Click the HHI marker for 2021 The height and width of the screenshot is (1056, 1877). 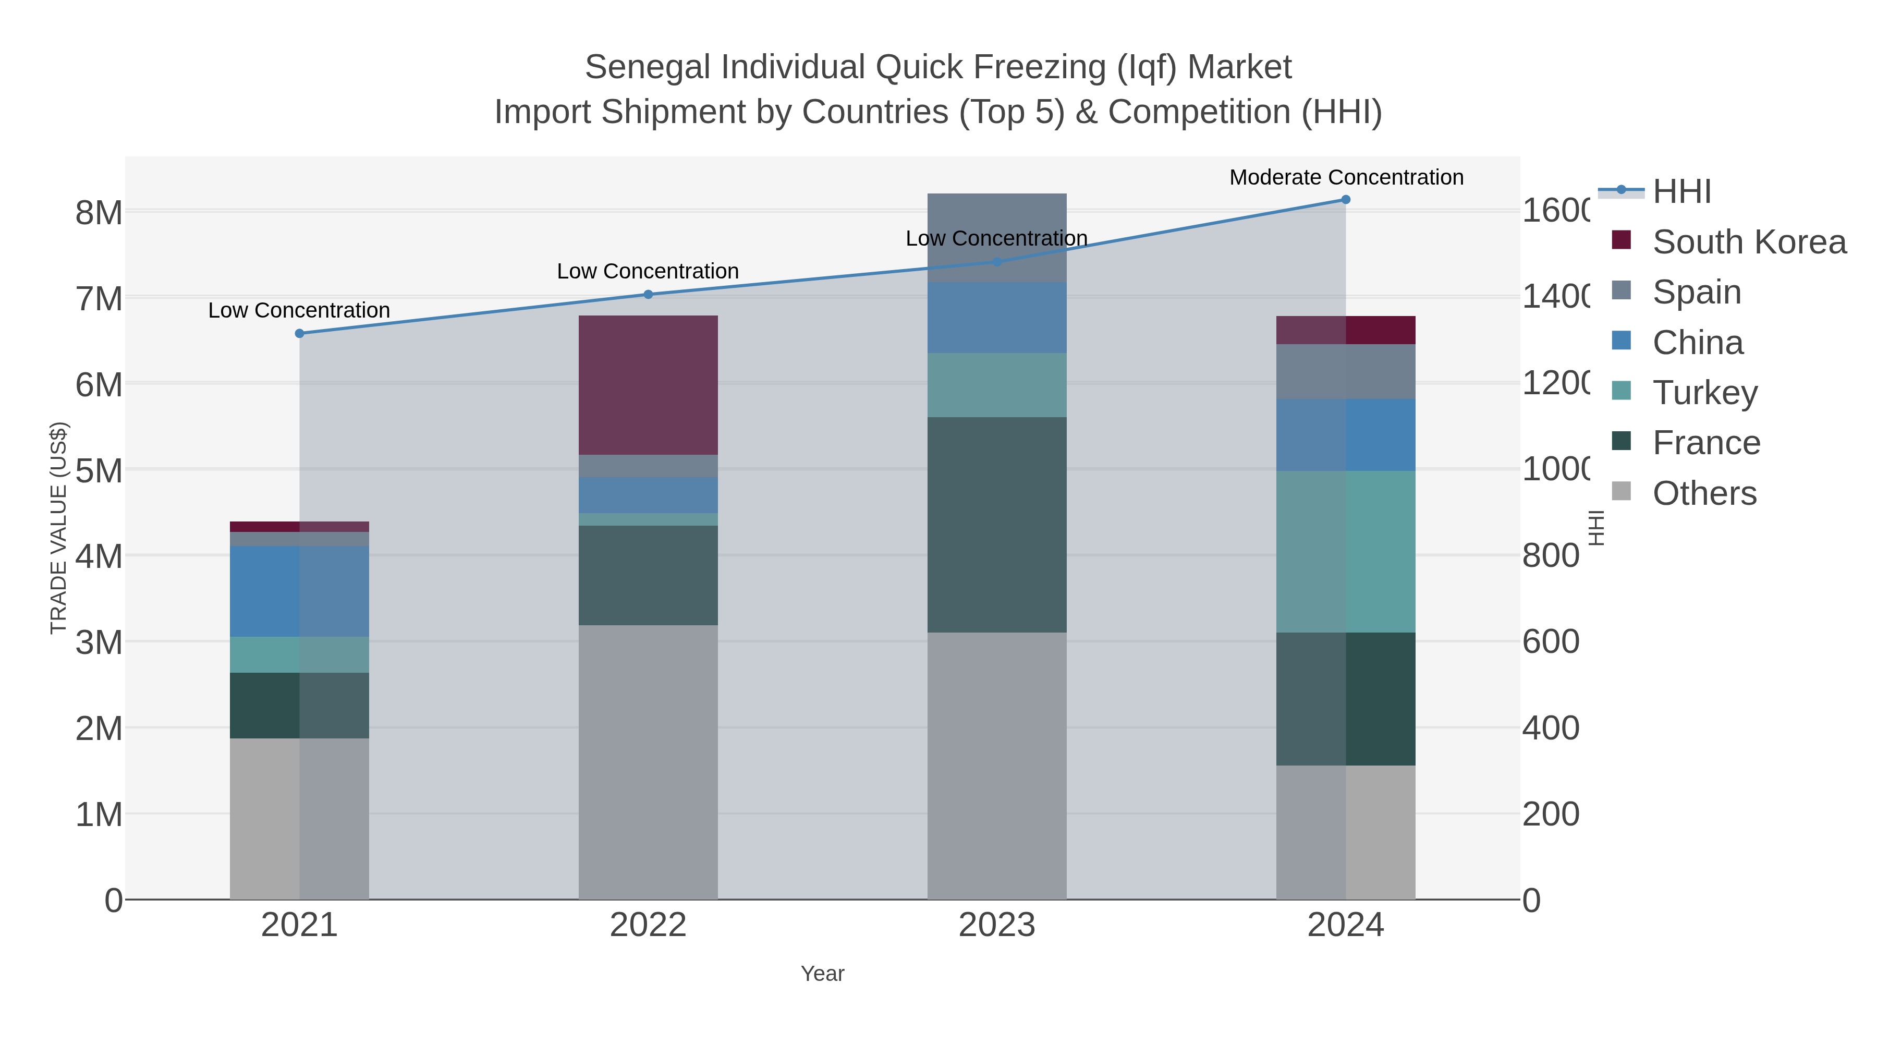coord(299,333)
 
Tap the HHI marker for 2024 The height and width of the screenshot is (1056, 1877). coord(1345,200)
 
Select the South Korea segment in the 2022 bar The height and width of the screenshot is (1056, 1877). coord(648,385)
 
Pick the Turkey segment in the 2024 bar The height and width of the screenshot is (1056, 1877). coord(1345,552)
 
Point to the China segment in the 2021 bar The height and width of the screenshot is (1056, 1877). coord(299,591)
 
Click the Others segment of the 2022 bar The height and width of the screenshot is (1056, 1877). coord(648,761)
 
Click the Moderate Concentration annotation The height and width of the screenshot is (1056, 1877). coord(1346,177)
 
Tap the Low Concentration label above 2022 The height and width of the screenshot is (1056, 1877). coord(648,271)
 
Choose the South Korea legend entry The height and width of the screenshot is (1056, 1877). coord(1749,242)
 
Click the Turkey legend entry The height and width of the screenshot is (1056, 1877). coord(1704,393)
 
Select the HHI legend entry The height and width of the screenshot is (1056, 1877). coord(1681,192)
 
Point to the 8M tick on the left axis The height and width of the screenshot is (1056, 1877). coord(99,213)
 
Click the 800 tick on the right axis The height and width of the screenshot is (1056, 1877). coord(1551,556)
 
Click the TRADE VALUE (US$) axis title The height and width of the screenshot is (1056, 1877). coord(58,528)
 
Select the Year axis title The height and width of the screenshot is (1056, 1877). coord(822,974)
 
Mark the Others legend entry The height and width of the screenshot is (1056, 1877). coord(1703,493)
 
